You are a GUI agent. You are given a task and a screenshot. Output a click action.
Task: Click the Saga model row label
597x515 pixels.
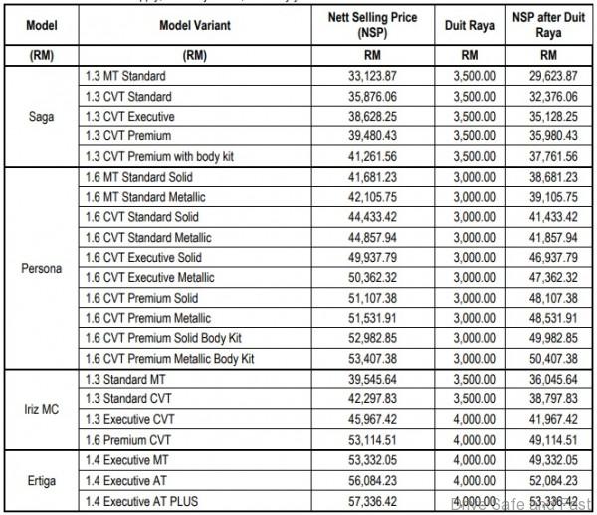(41, 115)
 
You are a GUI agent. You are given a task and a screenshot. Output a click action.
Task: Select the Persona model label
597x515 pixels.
(41, 268)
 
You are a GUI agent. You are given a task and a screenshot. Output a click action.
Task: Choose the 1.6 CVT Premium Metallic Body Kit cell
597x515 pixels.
(170, 357)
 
